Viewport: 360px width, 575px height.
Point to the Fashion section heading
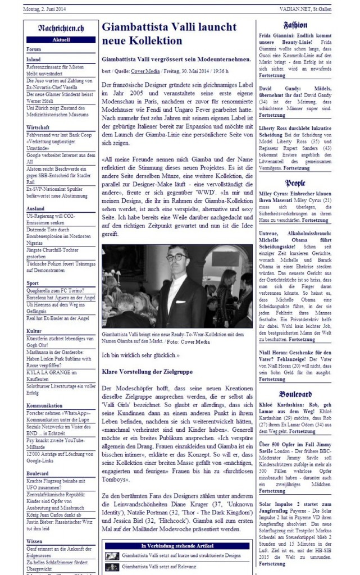pyautogui.click(x=295, y=26)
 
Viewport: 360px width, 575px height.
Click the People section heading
pyautogui.click(x=295, y=183)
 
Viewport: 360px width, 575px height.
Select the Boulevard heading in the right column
pyautogui.click(x=295, y=394)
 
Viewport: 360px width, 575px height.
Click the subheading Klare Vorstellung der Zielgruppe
pyautogui.click(x=147, y=372)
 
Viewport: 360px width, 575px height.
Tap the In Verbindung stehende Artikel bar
pyautogui.click(x=176, y=545)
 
